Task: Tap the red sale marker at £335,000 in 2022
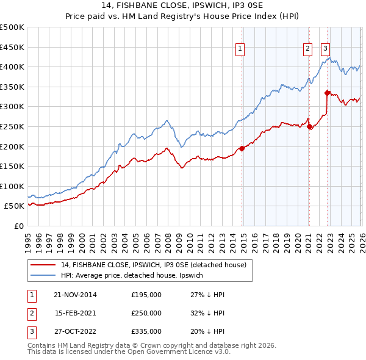tap(328, 93)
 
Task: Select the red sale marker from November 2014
tap(242, 148)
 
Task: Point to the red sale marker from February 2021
tap(309, 126)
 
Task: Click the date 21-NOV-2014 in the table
tap(75, 295)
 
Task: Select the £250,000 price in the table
tap(146, 313)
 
